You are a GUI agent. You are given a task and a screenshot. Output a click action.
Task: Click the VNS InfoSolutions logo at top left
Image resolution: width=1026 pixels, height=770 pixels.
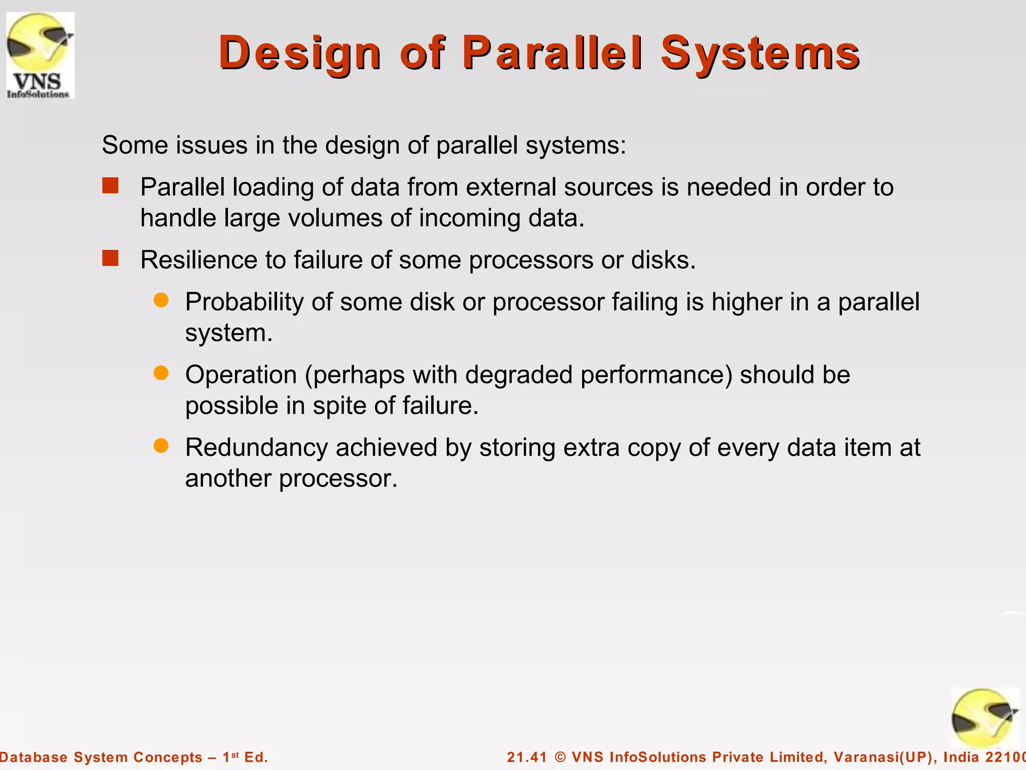40,55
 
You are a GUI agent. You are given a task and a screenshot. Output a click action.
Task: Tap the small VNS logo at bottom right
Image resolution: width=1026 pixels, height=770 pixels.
985,718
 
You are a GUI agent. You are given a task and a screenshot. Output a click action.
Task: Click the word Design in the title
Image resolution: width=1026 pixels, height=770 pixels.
300,53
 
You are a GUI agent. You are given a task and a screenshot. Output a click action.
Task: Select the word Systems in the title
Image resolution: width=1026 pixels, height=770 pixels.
760,53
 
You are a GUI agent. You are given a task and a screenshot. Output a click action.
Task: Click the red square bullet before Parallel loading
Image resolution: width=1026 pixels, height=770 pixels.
110,186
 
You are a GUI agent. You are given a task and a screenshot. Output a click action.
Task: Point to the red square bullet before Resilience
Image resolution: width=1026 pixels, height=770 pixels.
110,259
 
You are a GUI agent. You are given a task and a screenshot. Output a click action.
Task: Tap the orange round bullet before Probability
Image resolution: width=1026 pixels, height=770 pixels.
161,301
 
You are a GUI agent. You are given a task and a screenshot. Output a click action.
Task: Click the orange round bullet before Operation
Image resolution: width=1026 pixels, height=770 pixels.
161,373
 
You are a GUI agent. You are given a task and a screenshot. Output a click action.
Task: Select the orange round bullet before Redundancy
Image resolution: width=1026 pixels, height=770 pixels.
161,446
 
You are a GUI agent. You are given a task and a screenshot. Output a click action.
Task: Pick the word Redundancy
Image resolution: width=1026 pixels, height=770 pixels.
256,447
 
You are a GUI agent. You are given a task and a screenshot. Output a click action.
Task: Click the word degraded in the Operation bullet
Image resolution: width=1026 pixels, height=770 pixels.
519,375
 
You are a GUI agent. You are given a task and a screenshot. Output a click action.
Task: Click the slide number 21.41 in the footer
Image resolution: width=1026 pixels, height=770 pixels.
527,757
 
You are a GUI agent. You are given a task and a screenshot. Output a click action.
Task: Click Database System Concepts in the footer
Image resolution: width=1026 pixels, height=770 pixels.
100,757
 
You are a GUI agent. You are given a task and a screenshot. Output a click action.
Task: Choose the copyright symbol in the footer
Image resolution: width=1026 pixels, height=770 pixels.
561,757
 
